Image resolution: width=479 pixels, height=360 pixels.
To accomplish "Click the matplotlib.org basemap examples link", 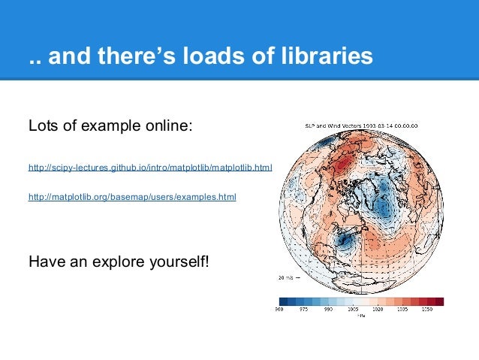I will tap(131, 198).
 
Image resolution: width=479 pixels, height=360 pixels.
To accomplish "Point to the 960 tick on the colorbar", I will tap(279, 309).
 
